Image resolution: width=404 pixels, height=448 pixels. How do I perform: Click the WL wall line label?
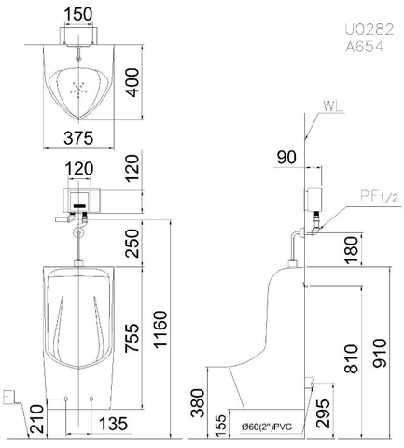(330, 106)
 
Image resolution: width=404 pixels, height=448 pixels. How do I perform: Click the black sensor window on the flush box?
(79, 201)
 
